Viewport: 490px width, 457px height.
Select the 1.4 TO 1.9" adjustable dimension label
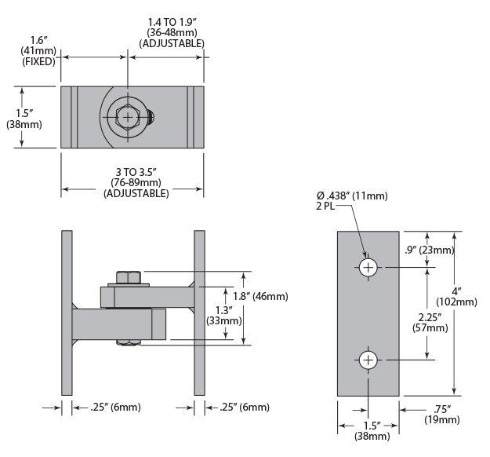point(172,32)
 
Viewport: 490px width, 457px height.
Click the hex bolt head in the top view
point(129,117)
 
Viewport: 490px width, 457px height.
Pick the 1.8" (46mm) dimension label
point(260,296)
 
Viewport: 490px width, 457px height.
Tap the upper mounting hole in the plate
point(369,267)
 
